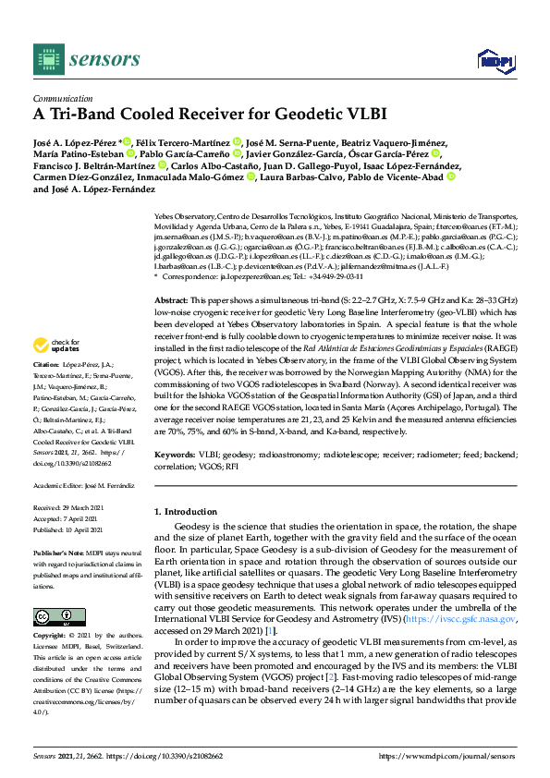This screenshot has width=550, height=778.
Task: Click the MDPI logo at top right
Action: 495,61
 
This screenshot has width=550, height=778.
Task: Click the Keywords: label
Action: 175,456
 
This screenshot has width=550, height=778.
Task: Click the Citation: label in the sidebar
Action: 50,391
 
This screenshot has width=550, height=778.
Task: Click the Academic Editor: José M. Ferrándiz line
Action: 84,484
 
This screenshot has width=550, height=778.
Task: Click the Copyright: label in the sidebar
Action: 51,637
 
